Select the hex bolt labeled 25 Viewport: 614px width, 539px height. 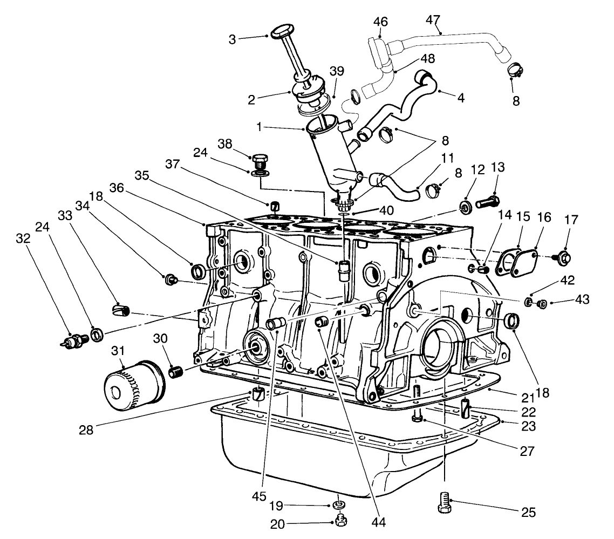[x=444, y=503]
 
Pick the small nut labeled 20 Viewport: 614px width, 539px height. [x=340, y=520]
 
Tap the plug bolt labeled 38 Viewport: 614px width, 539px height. [x=260, y=161]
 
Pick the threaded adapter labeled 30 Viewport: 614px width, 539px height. [x=176, y=371]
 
